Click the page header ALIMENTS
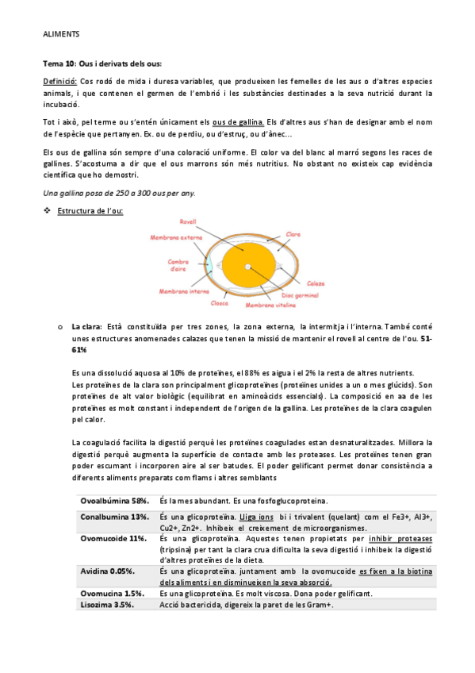point(60,35)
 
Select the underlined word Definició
point(59,81)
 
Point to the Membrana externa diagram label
point(175,236)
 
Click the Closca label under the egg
point(220,302)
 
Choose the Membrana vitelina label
point(270,304)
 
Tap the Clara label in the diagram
point(293,233)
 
